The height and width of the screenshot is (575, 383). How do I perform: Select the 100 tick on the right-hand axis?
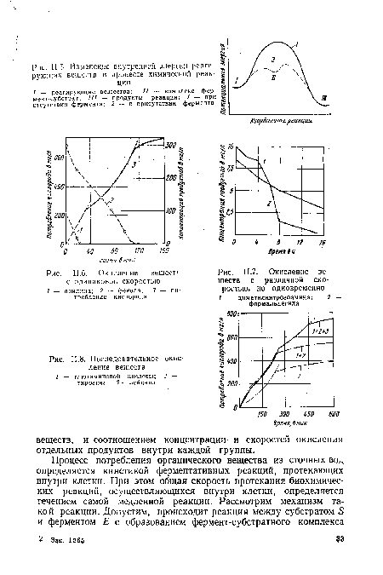click(x=169, y=210)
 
